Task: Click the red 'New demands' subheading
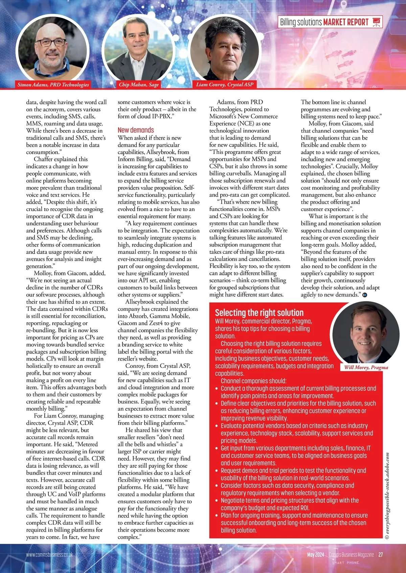136,130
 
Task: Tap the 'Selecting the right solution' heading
259,313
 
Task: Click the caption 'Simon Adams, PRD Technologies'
53,85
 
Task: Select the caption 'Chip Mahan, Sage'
139,85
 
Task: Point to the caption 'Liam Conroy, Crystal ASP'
225,85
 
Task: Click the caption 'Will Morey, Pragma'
366,367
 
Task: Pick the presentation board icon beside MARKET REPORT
376,22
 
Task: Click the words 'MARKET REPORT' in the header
346,22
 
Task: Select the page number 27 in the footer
381,555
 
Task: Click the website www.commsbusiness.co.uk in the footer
49,555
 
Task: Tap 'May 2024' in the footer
316,555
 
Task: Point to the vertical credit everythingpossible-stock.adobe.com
387,496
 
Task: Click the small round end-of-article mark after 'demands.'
365,295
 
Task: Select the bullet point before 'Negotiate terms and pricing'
217,501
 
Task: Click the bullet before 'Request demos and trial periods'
217,471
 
